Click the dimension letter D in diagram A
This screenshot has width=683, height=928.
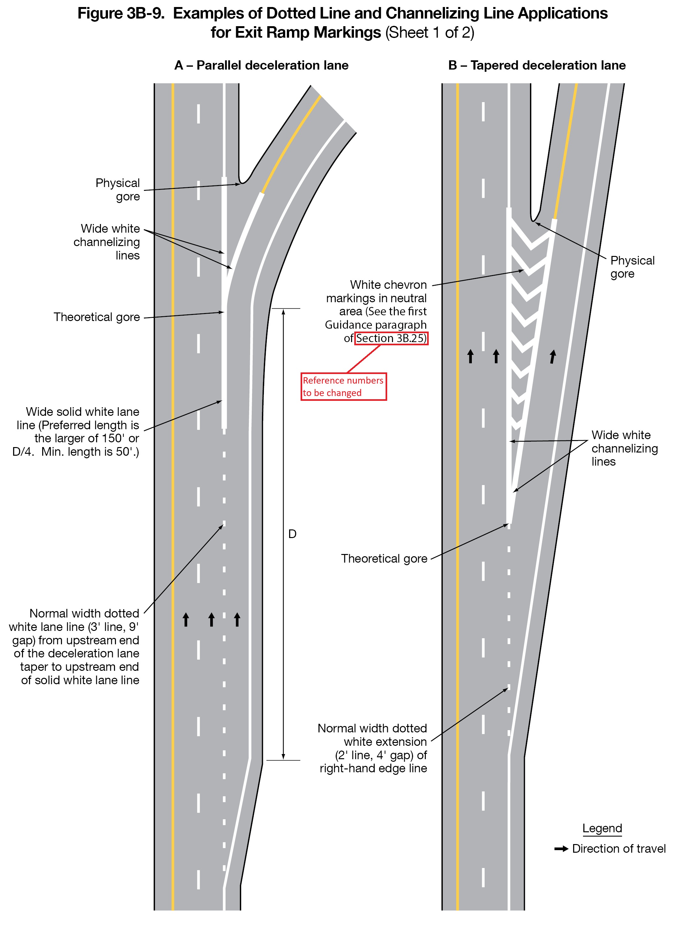(x=292, y=534)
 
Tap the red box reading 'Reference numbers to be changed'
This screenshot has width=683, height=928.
(x=343, y=386)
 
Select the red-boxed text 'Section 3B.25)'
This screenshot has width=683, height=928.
(x=391, y=338)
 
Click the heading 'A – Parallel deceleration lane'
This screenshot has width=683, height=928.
(x=261, y=65)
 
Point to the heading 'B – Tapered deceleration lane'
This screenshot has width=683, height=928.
(x=537, y=65)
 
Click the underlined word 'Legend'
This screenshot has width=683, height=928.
(x=602, y=828)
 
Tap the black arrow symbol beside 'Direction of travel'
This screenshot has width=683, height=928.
(x=561, y=849)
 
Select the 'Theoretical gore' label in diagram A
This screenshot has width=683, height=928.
(x=97, y=317)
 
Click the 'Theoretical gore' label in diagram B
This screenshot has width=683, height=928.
(x=384, y=558)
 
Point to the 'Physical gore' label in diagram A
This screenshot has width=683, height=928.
(x=118, y=190)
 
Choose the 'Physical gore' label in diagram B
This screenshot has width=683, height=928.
(x=632, y=267)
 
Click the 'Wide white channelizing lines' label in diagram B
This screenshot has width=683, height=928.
(x=624, y=448)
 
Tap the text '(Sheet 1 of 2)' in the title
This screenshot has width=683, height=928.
(x=430, y=33)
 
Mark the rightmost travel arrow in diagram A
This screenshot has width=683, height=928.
(x=237, y=619)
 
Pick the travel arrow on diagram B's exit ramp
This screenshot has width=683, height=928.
(x=552, y=356)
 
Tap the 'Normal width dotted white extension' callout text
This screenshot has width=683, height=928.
(x=373, y=748)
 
